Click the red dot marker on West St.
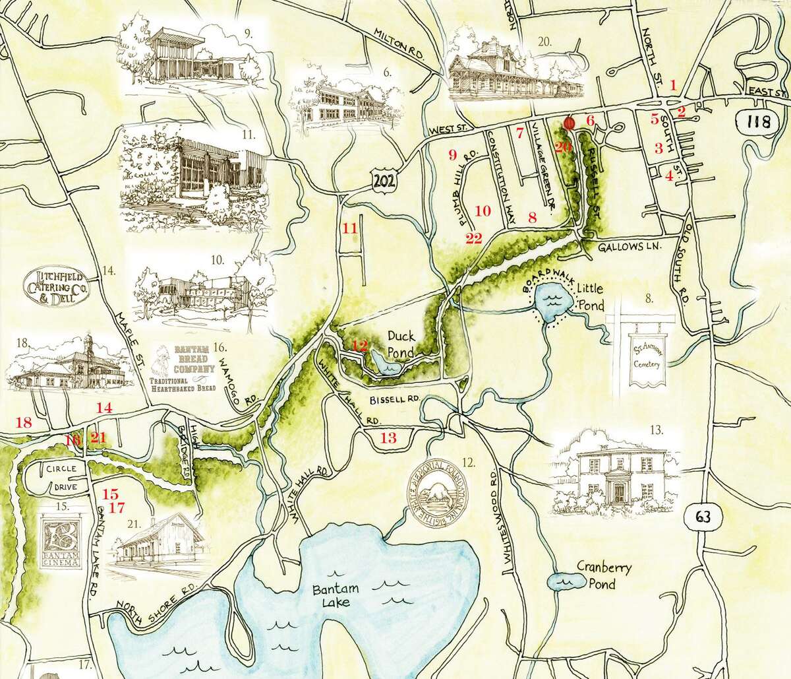pos(570,123)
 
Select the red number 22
pos(473,238)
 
